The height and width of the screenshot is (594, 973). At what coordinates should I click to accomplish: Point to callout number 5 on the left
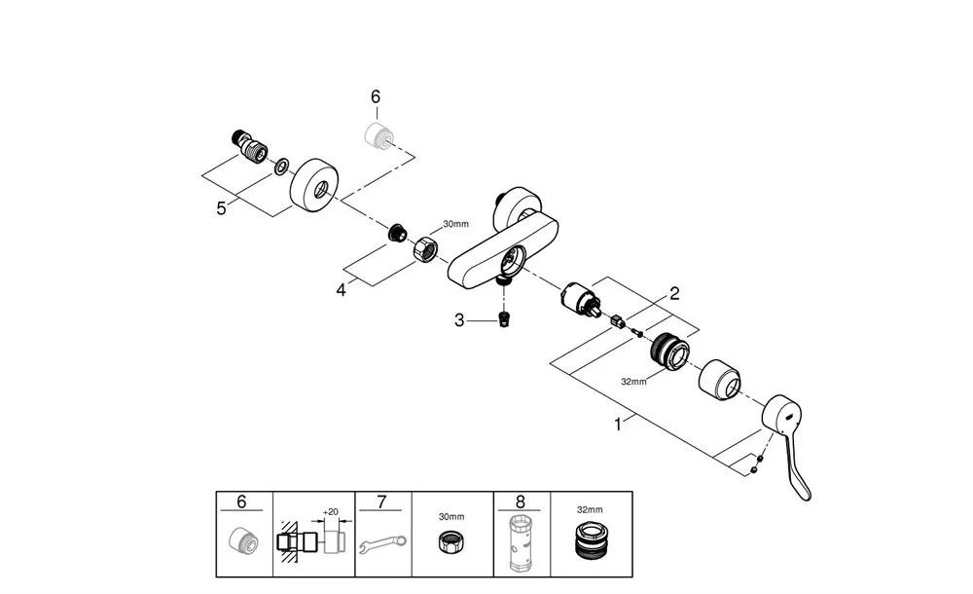click(x=222, y=207)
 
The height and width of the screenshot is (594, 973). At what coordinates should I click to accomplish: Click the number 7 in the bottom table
click(x=381, y=503)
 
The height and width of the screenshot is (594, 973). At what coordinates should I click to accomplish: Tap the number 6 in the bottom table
click(x=242, y=503)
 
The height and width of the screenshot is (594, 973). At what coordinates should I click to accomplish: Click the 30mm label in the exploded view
click(x=455, y=224)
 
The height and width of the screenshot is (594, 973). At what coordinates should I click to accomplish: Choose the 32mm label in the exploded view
click(x=633, y=383)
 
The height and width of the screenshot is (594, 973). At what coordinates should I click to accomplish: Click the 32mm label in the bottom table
click(x=590, y=509)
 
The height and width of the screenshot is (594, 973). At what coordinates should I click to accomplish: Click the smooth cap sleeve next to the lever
click(x=722, y=375)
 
